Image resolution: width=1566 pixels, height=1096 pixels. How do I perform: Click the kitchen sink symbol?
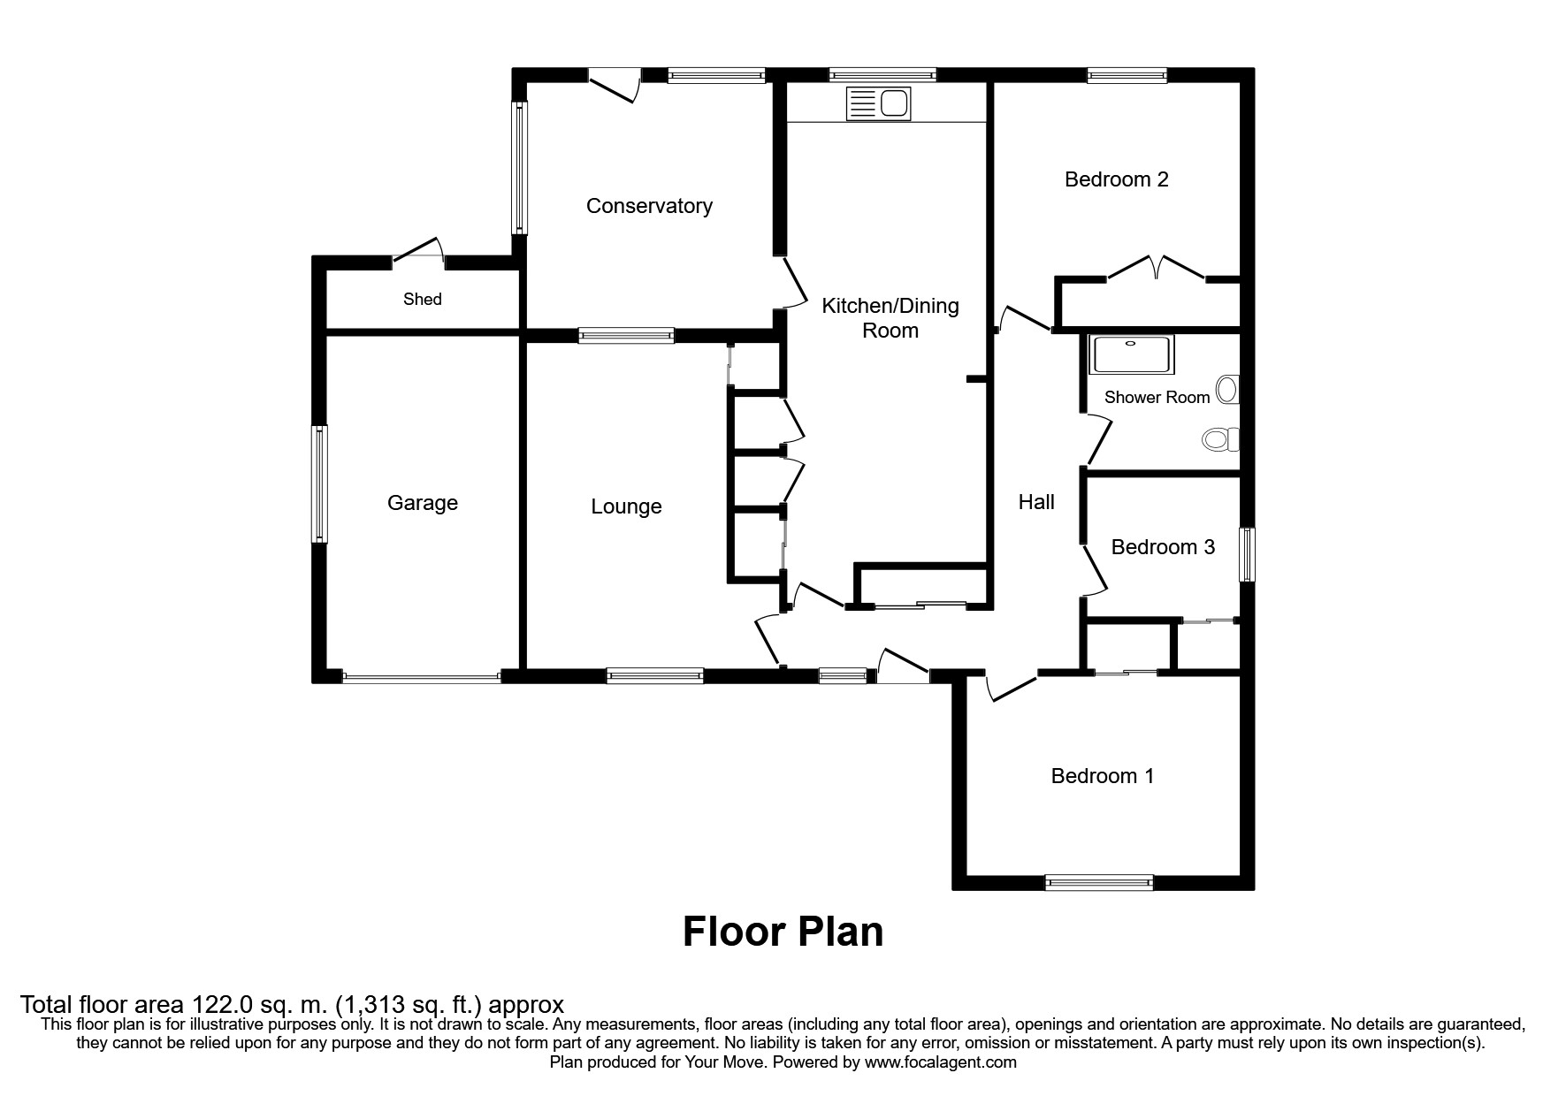(x=878, y=104)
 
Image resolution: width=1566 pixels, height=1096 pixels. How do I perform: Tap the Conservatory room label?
(x=649, y=206)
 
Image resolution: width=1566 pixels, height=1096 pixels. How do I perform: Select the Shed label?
(x=422, y=299)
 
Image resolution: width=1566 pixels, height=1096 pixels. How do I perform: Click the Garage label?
(x=423, y=503)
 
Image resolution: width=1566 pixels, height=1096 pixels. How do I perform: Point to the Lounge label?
(x=626, y=506)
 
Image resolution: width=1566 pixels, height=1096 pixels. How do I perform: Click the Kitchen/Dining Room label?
(x=890, y=318)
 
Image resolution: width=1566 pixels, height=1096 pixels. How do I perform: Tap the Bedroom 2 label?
(x=1116, y=179)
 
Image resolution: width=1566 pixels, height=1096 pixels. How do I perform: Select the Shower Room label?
(x=1157, y=398)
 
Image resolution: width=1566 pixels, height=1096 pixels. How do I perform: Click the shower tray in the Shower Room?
(x=1134, y=354)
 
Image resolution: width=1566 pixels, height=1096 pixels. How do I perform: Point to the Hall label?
(x=1036, y=502)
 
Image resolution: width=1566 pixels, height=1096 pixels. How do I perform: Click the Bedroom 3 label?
(x=1163, y=547)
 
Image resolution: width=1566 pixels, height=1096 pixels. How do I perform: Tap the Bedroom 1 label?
(x=1102, y=776)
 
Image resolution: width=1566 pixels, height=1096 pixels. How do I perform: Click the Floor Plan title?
(x=783, y=932)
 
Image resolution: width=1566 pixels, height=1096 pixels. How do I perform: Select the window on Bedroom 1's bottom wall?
(x=1099, y=881)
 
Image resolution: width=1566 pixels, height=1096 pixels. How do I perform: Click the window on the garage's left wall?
(x=320, y=483)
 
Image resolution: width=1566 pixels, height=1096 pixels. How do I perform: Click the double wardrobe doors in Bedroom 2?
(x=1157, y=267)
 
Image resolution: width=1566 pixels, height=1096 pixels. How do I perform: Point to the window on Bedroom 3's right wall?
(x=1247, y=554)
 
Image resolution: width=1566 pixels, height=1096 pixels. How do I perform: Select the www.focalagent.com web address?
(x=940, y=1062)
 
